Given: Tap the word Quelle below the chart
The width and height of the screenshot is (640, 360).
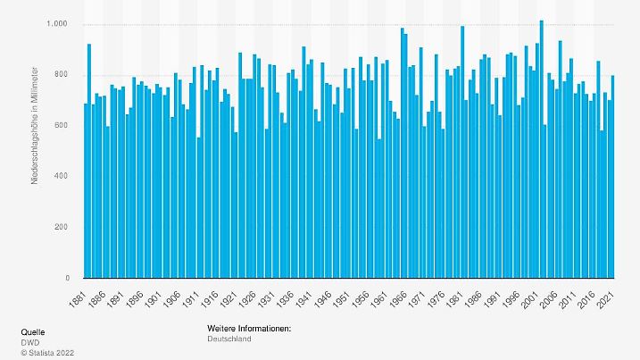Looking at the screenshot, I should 33,331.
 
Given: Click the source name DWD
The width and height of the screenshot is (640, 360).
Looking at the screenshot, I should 30,342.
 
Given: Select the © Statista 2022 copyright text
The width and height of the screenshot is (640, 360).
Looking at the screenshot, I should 47,352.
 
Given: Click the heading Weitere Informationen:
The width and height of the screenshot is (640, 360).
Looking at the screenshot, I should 248,330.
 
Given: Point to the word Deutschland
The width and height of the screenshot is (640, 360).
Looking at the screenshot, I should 229,339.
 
